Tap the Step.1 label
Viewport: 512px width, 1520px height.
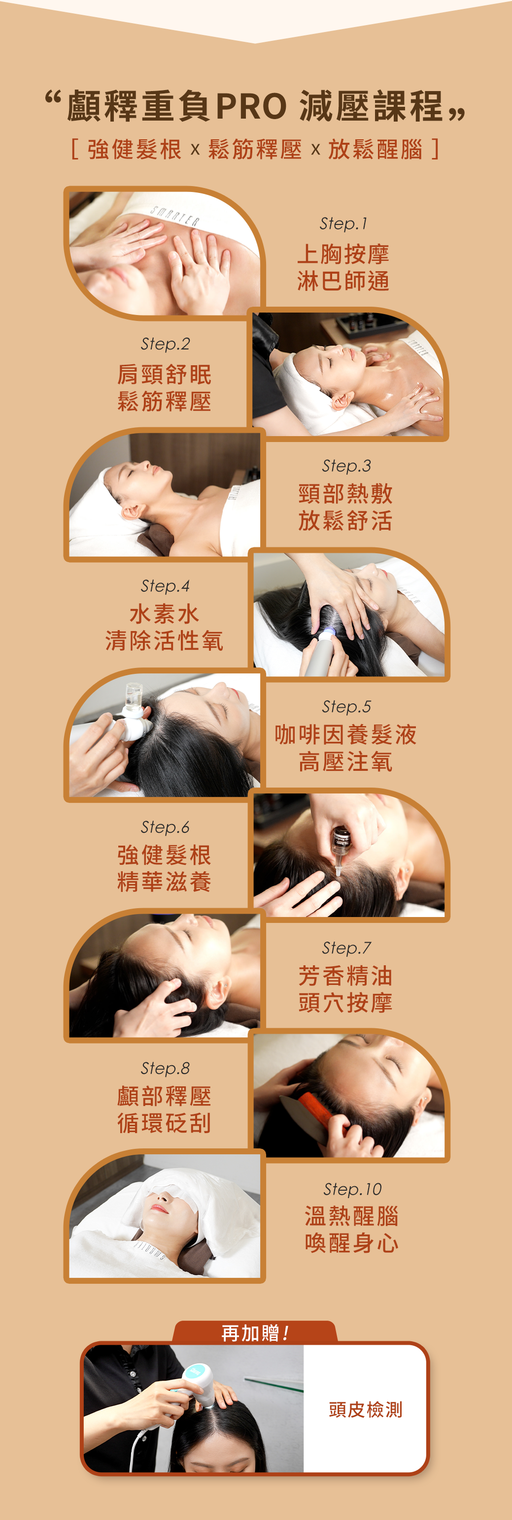(343, 223)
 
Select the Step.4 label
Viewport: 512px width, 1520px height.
(165, 586)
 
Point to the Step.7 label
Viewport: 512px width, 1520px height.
(346, 948)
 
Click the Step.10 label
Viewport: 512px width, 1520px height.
(352, 1189)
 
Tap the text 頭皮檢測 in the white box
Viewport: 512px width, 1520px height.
(366, 1410)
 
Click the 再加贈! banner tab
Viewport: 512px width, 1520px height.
(255, 1332)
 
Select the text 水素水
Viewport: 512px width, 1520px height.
(165, 614)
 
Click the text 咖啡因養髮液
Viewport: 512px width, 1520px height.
(345, 734)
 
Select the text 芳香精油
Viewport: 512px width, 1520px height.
(345, 976)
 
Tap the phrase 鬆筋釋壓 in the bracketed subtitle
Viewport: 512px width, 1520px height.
(255, 150)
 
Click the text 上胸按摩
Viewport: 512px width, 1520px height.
(343, 254)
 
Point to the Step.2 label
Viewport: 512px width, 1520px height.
(165, 344)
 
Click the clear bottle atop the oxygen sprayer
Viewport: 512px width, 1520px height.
(134, 694)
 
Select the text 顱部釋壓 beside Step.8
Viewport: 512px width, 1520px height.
(165, 1096)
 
